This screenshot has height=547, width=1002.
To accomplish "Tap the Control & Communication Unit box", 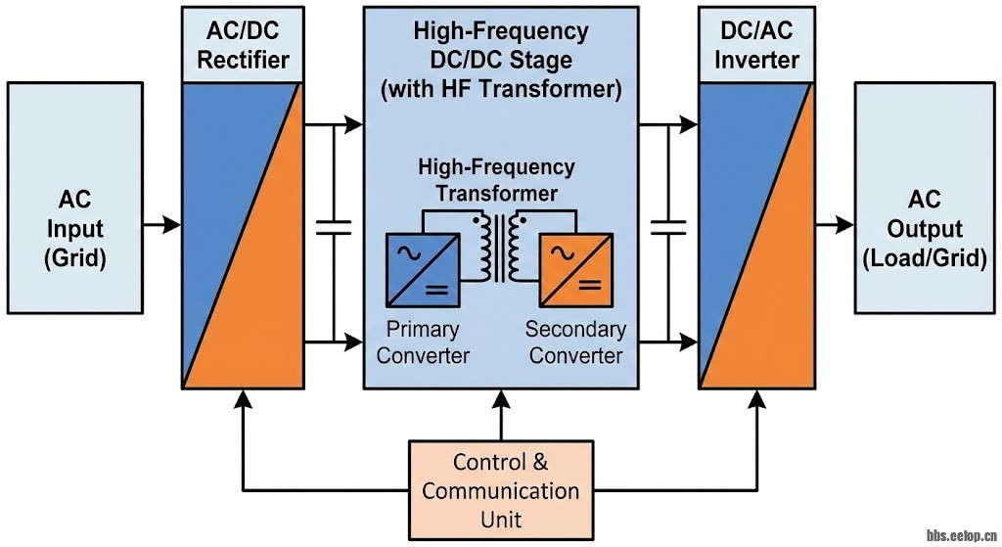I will pos(501,489).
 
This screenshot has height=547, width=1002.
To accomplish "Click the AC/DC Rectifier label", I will pos(244,46).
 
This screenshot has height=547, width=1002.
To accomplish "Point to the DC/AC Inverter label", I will pos(756,46).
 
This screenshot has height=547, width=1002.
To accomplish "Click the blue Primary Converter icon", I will pos(422,267).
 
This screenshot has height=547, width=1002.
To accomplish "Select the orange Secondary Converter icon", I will pos(577,267).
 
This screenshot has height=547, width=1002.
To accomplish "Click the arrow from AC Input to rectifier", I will pos(162,225).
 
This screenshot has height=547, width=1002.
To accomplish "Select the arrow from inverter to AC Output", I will pos(836,225).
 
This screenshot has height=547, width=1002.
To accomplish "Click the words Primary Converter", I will pos(423,342).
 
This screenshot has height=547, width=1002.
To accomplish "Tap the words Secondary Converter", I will pos(575,342).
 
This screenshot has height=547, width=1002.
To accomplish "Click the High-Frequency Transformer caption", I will pos(497,180).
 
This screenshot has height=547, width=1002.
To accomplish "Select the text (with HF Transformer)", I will pos(501,90).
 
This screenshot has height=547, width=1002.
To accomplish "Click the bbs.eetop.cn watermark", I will pos(960,535).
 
